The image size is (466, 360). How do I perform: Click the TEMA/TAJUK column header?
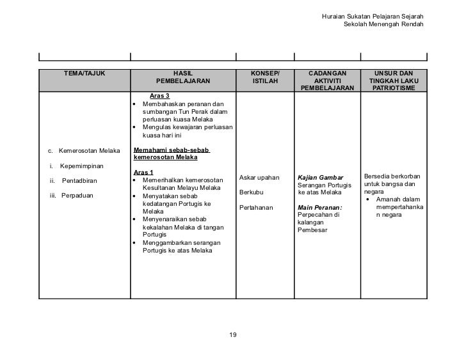pyautogui.click(x=84, y=74)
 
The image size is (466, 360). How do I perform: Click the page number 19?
pyautogui.click(x=233, y=334)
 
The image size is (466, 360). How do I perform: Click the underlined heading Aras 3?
pyautogui.click(x=159, y=96)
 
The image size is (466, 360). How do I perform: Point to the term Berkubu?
pyautogui.click(x=251, y=192)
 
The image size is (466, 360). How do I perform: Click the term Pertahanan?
pyautogui.click(x=255, y=208)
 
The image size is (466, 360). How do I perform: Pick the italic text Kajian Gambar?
pyautogui.click(x=321, y=177)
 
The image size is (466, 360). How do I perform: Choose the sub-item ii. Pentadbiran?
pyautogui.click(x=74, y=181)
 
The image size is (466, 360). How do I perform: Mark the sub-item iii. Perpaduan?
pyautogui.click(x=72, y=196)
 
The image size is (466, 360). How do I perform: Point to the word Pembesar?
pyautogui.click(x=312, y=230)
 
